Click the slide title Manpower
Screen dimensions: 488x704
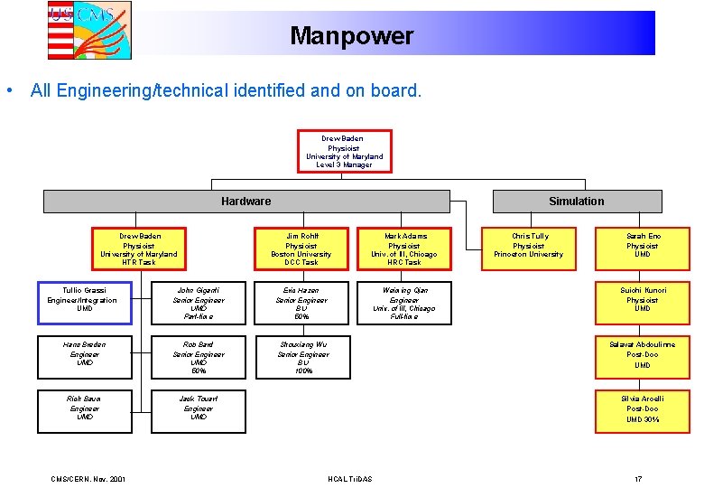pos(351,36)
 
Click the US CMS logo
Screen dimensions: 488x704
pos(89,30)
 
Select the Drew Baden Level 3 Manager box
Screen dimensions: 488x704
pos(344,152)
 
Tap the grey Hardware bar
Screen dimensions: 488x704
pos(245,201)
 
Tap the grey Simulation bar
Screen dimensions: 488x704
pos(577,201)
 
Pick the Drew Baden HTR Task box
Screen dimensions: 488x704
pos(139,249)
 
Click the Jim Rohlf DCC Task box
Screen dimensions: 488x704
pos(301,249)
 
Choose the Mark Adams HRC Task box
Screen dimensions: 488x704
pos(404,249)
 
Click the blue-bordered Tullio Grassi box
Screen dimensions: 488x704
pos(84,302)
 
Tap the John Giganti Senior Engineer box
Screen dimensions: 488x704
pos(199,303)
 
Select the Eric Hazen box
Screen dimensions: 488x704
pos(301,303)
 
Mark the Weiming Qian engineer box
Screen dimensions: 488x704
pos(404,303)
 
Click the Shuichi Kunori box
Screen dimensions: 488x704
pos(642,302)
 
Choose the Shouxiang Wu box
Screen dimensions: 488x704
pos(301,357)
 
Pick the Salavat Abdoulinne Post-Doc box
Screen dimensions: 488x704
pos(642,356)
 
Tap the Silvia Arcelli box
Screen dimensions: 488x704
pos(642,410)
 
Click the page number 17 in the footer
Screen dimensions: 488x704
pos(637,478)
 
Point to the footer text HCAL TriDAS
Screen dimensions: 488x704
pos(349,478)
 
